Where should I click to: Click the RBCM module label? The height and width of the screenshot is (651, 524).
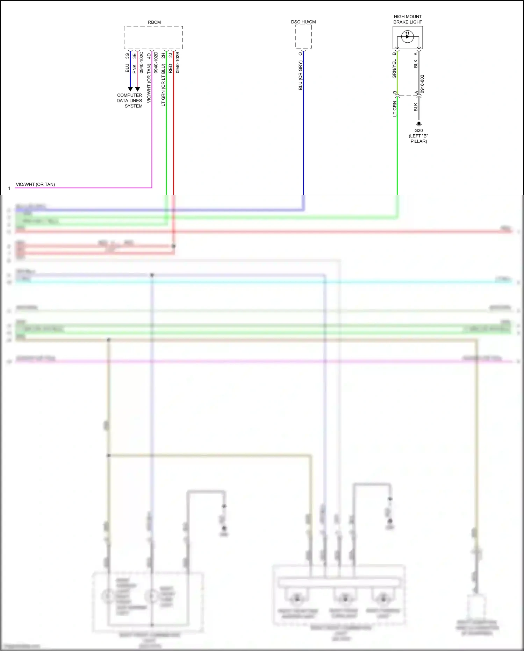[154, 22]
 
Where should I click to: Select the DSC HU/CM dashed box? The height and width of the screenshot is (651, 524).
[303, 37]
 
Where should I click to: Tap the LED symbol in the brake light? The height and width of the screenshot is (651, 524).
[407, 36]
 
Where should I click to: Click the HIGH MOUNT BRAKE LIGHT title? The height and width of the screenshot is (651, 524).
[408, 19]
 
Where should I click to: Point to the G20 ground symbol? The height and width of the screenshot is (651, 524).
[419, 124]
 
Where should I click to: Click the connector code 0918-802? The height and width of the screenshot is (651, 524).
[422, 84]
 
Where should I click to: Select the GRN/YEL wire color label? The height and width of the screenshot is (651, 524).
[394, 69]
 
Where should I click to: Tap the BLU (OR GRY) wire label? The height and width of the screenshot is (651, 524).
[300, 76]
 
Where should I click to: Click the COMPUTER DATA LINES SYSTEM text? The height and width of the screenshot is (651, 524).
[130, 100]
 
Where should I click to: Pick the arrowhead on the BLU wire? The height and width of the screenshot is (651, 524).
[130, 89]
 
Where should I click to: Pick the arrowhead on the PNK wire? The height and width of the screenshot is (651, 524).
[137, 89]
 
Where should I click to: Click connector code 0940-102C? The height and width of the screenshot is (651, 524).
[142, 63]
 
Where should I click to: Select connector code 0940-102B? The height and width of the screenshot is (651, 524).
[178, 63]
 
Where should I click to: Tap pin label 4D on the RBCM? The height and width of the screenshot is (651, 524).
[149, 56]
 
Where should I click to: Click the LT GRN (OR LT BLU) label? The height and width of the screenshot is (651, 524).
[163, 85]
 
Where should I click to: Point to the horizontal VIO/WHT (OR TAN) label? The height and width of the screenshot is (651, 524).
[35, 184]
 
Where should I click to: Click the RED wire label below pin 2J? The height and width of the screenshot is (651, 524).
[171, 68]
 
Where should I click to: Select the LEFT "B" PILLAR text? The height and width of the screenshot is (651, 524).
[418, 139]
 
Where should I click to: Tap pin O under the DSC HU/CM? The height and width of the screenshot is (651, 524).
[300, 54]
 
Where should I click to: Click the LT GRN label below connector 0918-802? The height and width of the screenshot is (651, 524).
[395, 109]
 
